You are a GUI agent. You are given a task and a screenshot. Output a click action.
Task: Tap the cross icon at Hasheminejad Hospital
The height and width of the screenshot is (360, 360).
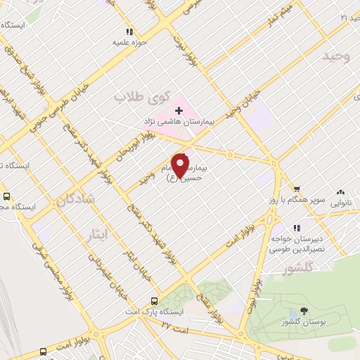click(179, 110)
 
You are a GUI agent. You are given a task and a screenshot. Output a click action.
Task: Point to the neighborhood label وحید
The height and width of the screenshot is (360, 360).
click(336, 56)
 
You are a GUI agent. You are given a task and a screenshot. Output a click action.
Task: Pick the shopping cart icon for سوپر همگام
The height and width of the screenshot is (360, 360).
click(297, 188)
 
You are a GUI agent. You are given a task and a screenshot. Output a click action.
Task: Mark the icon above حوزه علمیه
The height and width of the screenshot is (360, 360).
click(129, 32)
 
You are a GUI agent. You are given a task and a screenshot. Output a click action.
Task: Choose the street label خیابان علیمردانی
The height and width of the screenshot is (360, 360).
click(99, 270)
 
